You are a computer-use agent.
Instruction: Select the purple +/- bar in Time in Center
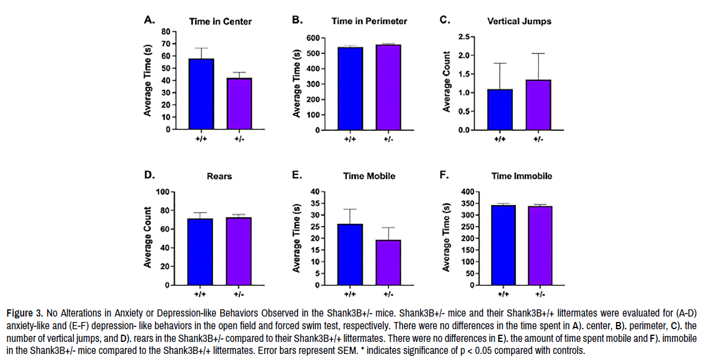click(x=239, y=103)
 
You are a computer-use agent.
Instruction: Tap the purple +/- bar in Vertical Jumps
click(x=537, y=104)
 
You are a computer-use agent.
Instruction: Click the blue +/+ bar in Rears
click(x=200, y=251)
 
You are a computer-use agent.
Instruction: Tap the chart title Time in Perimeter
click(x=369, y=21)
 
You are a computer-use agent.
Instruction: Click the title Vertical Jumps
click(x=519, y=21)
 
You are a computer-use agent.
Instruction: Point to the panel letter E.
click(x=297, y=175)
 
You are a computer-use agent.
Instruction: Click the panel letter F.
click(x=444, y=175)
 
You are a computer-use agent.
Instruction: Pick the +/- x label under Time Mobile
click(x=388, y=294)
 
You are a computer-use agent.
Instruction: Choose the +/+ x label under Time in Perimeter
click(x=350, y=139)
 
